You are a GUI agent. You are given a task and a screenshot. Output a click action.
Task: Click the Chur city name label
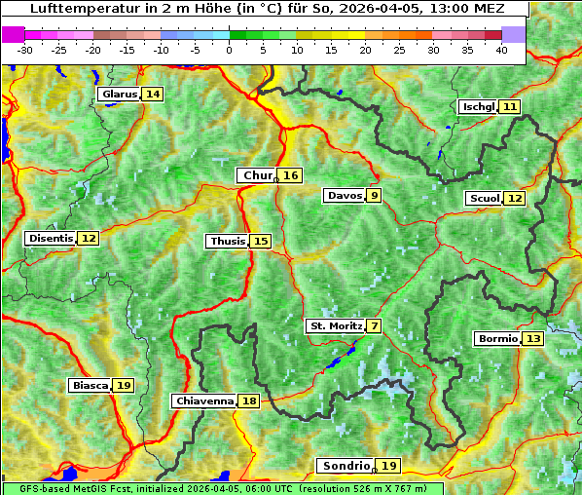point(257,175)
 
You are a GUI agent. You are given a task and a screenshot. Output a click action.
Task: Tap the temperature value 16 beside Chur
point(291,175)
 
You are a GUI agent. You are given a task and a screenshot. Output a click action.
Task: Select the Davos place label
point(345,195)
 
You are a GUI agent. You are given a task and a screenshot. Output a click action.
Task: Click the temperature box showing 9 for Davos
point(374,195)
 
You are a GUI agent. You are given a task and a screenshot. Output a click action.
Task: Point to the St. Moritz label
point(336,325)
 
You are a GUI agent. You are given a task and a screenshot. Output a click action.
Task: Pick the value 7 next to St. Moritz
point(375,325)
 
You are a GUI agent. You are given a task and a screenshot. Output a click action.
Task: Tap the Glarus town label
point(119,95)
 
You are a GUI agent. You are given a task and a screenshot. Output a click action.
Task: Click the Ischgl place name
point(478,106)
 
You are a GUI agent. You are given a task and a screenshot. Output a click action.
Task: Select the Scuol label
point(485,198)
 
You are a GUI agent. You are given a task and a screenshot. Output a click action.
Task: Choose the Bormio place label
point(497,339)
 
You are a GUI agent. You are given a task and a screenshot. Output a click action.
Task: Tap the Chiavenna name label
point(204,400)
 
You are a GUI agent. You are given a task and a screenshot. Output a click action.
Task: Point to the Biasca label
point(91,386)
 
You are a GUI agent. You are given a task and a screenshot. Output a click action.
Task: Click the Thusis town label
point(227,241)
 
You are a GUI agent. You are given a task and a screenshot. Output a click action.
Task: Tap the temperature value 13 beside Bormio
point(532,339)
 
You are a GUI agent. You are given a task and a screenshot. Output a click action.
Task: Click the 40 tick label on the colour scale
point(501,49)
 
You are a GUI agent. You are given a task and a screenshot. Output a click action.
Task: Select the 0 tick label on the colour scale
point(229,49)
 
